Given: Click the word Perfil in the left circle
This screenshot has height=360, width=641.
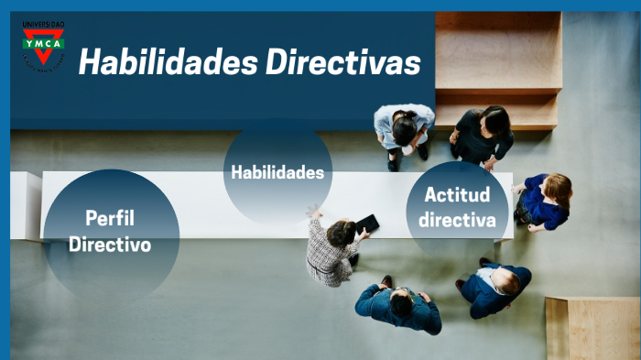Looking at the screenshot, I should (110, 218).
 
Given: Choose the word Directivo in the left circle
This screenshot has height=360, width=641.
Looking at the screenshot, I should (110, 245).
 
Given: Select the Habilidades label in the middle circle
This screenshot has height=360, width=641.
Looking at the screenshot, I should (277, 171).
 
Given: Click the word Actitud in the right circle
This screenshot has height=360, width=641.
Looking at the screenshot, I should (457, 194).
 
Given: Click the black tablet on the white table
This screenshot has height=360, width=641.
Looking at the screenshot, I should (366, 224).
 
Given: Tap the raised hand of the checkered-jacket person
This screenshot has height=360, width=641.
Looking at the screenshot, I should (314, 212).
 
